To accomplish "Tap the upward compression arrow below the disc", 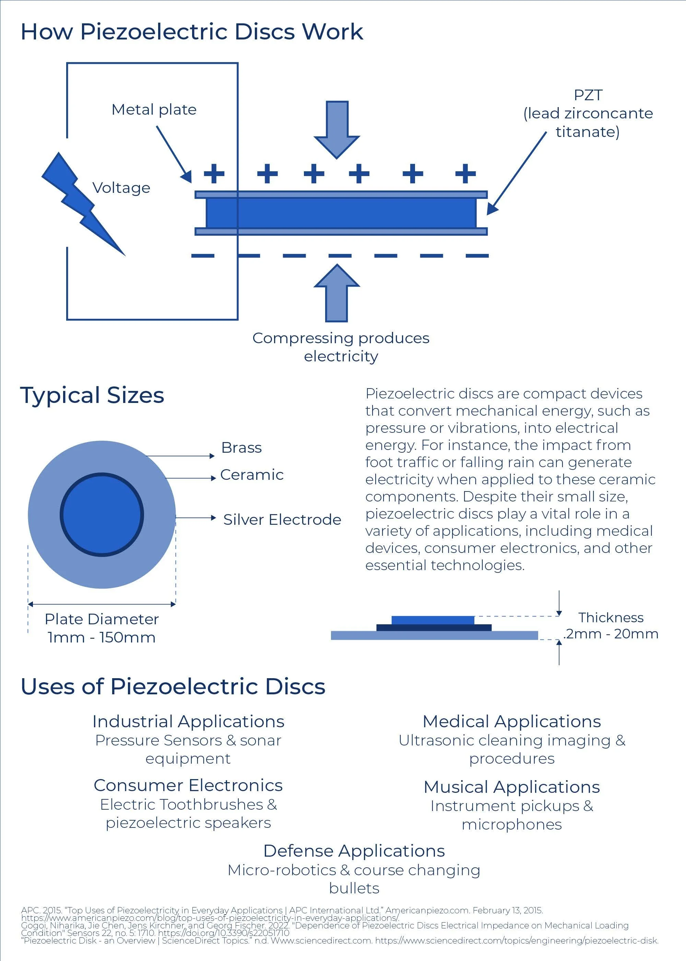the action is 337,293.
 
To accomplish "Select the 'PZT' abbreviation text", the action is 588,95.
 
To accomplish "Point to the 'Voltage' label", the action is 121,188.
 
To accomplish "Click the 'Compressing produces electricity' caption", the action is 341,347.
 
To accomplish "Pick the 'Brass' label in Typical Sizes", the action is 241,448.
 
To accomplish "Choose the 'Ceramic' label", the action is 252,475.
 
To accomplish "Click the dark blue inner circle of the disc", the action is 102,515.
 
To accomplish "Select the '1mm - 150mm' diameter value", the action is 102,637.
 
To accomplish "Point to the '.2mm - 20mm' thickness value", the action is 611,634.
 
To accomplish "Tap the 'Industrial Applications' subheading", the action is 188,722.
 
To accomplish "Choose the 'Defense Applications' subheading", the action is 354,851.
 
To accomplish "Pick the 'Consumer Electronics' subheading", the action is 188,786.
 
